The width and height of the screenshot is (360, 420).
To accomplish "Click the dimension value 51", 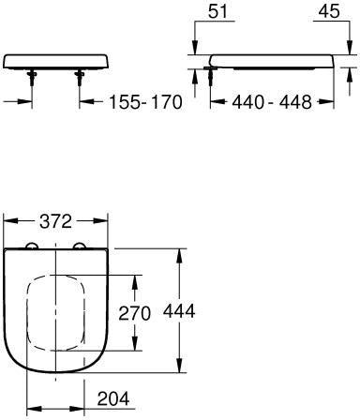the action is coord(218,11).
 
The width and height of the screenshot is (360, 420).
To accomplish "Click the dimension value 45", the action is coord(329,11).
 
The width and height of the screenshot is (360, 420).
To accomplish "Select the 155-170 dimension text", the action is coord(145,102).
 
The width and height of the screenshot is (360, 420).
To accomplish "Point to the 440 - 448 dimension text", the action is coord(272,102).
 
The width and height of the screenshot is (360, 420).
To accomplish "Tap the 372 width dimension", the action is coord(56,221).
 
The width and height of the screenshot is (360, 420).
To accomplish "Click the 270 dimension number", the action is coord(134,313).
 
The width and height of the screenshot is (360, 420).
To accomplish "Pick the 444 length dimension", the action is coord(179,310).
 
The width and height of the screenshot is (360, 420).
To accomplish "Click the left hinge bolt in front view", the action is coord(32,78).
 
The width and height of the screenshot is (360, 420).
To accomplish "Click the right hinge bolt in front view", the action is coord(80,78).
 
